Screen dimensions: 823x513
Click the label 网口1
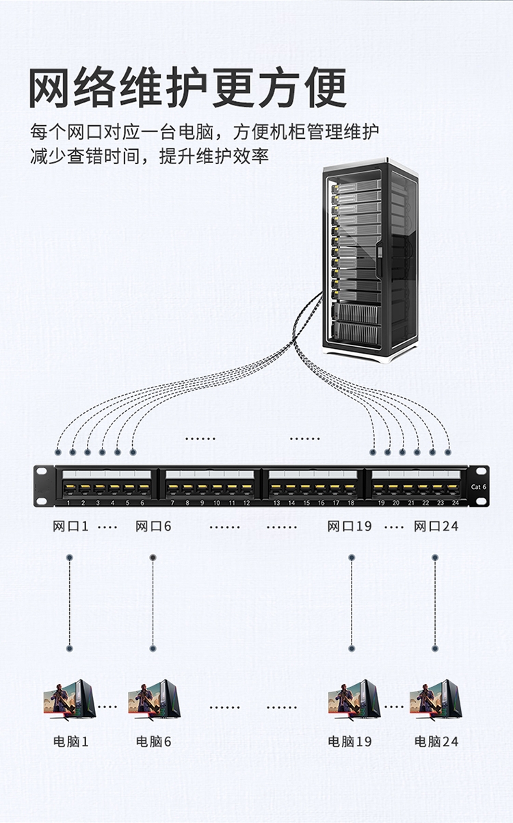[x=70, y=526]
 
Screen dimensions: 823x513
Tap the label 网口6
[x=153, y=526]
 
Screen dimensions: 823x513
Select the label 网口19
[x=349, y=526]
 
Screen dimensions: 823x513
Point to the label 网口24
[x=436, y=526]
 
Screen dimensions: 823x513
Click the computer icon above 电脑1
[x=69, y=700]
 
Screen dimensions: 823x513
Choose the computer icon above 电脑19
[x=353, y=700]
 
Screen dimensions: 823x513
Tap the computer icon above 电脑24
[x=435, y=700]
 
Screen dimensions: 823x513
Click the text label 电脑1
[x=71, y=742]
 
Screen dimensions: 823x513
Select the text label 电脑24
[x=436, y=742]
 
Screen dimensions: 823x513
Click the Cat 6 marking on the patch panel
[x=479, y=486]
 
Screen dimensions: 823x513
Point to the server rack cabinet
[x=369, y=260]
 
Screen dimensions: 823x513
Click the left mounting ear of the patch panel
[x=44, y=486]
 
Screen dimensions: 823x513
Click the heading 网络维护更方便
[x=187, y=87]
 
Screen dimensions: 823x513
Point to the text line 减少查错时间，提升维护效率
[x=149, y=157]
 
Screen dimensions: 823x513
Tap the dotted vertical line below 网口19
[x=352, y=602]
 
